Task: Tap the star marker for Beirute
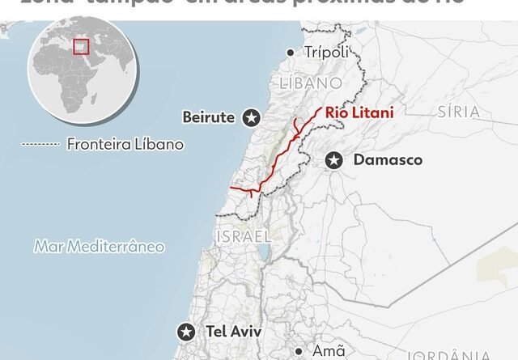(x=252, y=118)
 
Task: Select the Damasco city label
(x=388, y=160)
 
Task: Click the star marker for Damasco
(x=333, y=161)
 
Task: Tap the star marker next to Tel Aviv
(x=187, y=332)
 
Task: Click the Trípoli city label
(x=326, y=53)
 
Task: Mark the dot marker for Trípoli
(x=291, y=53)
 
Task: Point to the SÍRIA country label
(x=458, y=111)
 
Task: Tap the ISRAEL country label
(x=242, y=236)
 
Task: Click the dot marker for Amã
(x=299, y=352)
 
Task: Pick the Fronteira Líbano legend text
(x=125, y=145)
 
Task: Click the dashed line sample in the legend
(x=40, y=145)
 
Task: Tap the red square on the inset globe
(x=80, y=46)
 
